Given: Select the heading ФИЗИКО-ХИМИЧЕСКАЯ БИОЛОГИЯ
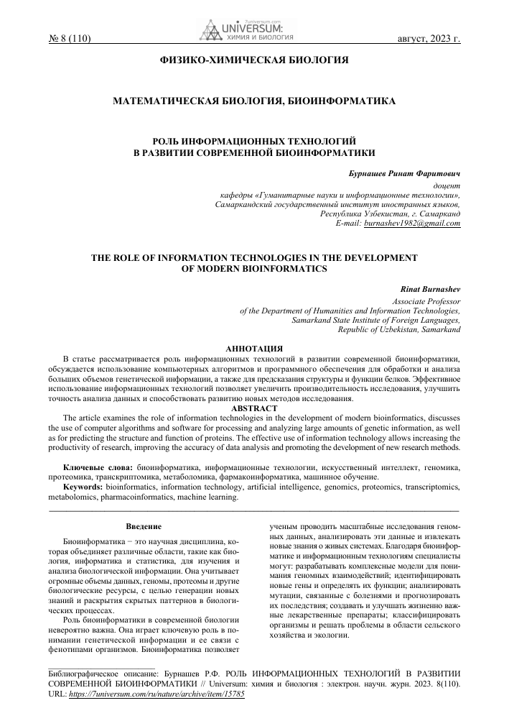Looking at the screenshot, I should pyautogui.click(x=253, y=60).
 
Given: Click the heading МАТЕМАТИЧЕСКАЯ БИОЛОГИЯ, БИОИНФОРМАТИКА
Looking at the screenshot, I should pyautogui.click(x=253, y=103).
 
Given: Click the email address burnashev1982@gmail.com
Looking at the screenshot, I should pyautogui.click(x=412, y=224).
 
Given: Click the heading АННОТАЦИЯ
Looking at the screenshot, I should pyautogui.click(x=253, y=348).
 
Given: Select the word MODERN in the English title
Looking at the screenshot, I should pyautogui.click(x=222, y=269).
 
